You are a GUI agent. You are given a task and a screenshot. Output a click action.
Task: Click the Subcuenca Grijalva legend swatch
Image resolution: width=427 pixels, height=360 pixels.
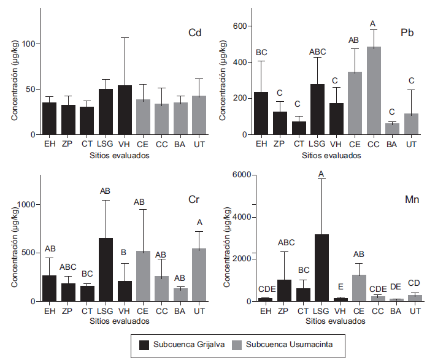(x=145, y=344)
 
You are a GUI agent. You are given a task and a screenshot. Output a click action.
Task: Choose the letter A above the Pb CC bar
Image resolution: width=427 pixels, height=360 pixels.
(x=373, y=24)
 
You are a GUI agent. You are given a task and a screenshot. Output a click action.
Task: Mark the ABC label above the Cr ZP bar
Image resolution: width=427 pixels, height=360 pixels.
(x=67, y=268)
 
